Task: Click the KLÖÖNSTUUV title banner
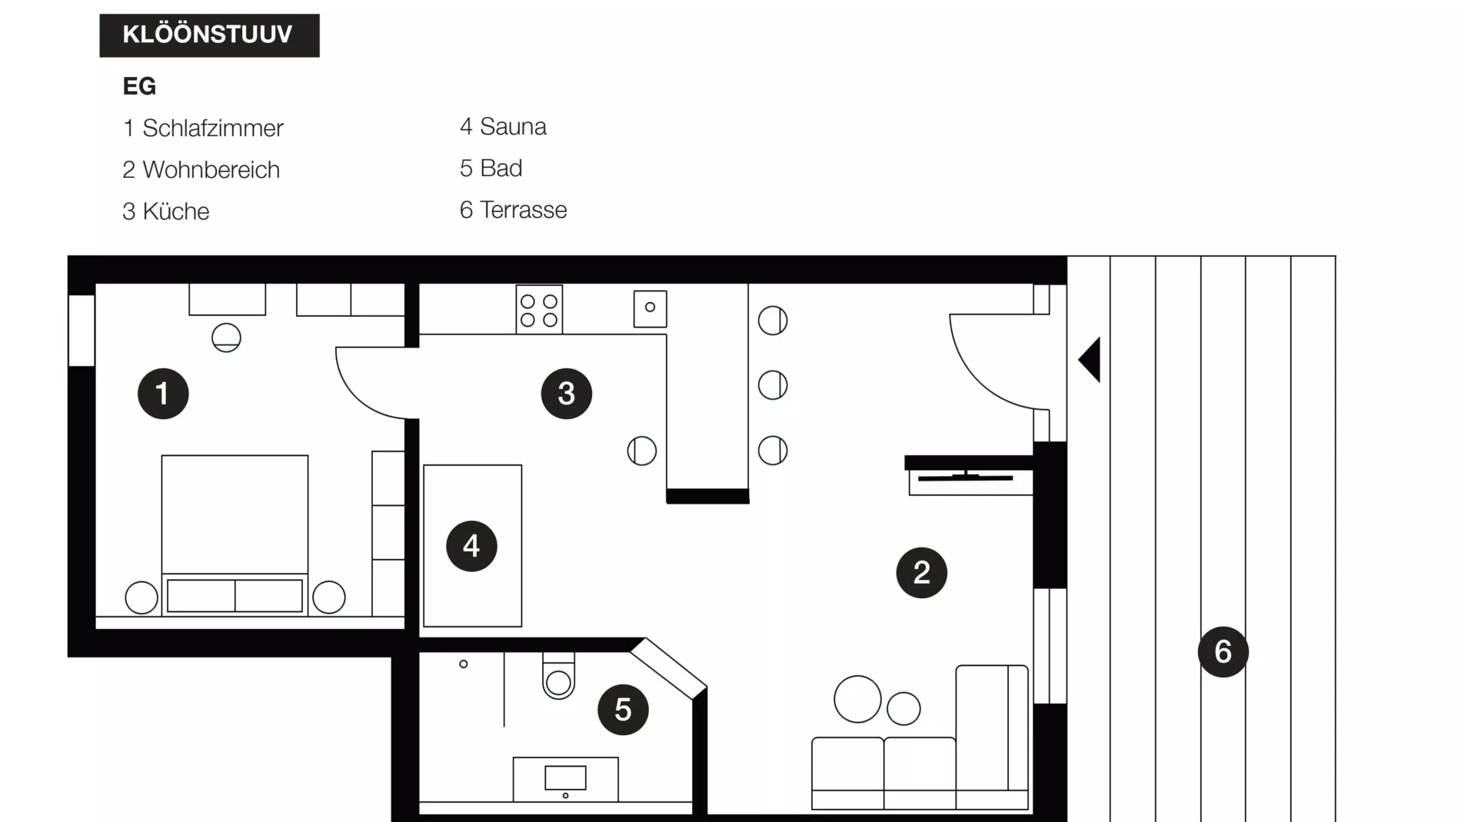209,35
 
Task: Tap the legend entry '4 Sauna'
503,127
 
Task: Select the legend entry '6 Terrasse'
513,210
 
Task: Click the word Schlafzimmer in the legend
213,128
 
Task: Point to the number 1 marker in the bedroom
163,394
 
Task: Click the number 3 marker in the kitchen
567,394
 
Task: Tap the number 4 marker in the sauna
471,546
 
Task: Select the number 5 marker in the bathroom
623,710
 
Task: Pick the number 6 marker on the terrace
1223,652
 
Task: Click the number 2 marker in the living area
921,573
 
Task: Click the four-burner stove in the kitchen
539,310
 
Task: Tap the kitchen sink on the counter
650,308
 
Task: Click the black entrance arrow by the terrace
1090,359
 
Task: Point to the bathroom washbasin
565,778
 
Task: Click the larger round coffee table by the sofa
857,699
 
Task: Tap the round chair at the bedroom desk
226,338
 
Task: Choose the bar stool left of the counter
641,451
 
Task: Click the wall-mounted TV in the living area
966,478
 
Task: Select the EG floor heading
139,86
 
